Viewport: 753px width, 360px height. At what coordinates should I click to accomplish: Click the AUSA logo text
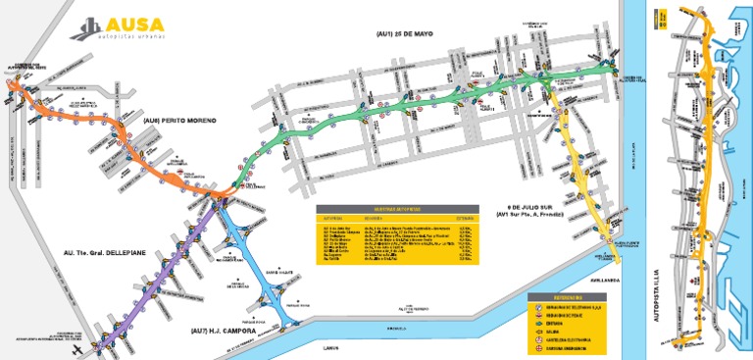pos(135,23)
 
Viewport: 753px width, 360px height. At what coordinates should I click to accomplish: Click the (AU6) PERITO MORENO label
pos(176,121)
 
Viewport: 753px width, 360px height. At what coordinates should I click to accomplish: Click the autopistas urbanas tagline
pos(135,35)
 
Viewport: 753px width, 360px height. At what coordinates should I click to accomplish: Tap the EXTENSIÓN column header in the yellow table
pos(465,219)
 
